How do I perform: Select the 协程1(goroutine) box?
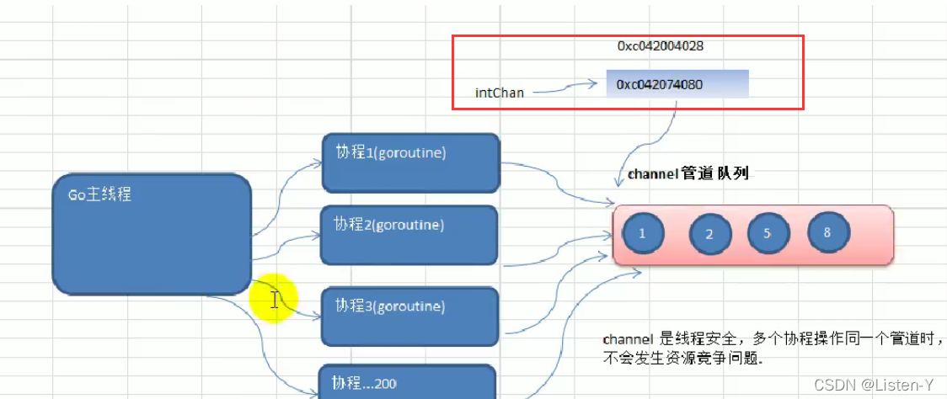click(x=410, y=162)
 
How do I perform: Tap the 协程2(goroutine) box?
click(x=409, y=235)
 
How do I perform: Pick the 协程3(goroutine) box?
click(x=409, y=316)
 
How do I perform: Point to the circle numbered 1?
click(x=642, y=235)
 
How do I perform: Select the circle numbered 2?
click(x=709, y=235)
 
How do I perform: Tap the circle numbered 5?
click(x=767, y=233)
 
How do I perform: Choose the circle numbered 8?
click(x=827, y=232)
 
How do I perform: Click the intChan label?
click(x=500, y=93)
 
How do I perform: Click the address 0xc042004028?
click(x=660, y=47)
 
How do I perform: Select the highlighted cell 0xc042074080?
click(x=677, y=84)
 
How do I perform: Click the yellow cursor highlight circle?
click(x=274, y=299)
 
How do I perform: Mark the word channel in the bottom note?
click(x=629, y=338)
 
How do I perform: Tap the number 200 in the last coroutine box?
click(x=386, y=384)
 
